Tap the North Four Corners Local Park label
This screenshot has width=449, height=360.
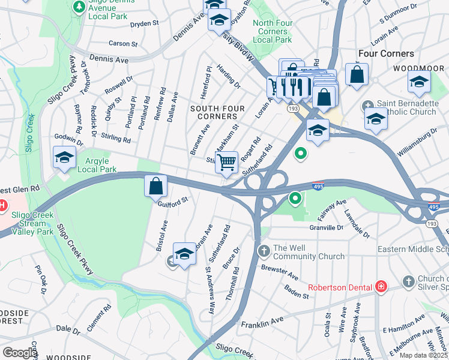273,31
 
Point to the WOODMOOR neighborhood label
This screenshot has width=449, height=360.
418,68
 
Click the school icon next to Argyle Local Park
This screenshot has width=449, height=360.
64,157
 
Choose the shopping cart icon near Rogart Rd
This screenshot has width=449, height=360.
227,162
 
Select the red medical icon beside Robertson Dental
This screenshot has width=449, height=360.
380,287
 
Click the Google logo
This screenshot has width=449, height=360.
20,353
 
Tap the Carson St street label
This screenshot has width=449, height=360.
123,44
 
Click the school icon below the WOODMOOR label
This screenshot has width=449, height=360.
419,82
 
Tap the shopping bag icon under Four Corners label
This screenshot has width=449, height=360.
357,75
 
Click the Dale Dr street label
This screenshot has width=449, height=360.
67,329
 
